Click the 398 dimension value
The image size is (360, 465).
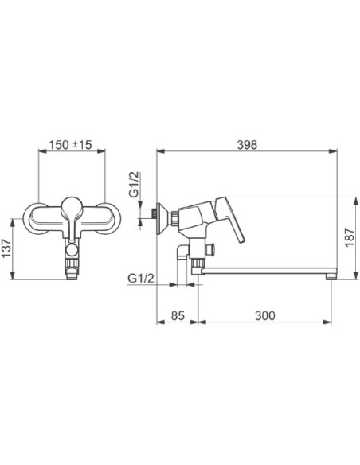247,145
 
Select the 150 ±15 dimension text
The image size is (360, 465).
71,145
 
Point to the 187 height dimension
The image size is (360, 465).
350,237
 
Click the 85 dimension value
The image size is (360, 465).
178,315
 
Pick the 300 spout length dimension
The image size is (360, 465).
264,315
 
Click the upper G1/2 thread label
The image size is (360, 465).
135,185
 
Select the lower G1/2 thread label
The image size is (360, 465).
141,279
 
